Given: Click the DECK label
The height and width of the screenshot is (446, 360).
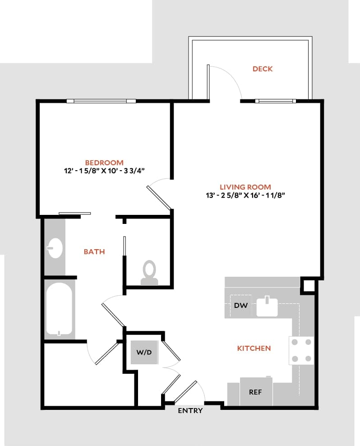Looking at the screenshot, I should point(263,69).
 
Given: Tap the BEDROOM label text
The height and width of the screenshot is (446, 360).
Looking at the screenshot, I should point(104,163).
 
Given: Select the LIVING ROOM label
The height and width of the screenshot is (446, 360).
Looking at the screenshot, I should point(245,187).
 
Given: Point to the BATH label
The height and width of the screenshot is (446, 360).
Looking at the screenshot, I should point(94,252).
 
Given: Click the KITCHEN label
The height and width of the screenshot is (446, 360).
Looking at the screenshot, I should point(254,348).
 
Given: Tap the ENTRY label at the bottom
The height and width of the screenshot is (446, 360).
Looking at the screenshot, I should point(190,411).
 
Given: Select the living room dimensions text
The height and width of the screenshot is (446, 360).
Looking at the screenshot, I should point(245,195).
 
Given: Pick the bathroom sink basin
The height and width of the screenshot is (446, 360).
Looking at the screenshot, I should point(55,248).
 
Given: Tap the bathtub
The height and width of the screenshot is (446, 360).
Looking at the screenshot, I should point(59,309).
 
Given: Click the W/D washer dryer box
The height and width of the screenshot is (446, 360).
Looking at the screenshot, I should point(144,353).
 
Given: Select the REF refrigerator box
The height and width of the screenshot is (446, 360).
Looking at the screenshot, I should point(255,391).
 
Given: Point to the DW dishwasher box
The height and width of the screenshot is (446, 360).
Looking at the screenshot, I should point(241,306).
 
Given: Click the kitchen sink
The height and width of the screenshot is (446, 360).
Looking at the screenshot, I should point(268,307).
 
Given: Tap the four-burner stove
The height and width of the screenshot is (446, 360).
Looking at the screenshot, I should point(301,350).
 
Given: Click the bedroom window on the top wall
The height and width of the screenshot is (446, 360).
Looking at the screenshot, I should point(101,101).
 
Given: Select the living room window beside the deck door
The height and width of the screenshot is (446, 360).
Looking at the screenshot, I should point(276,101).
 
